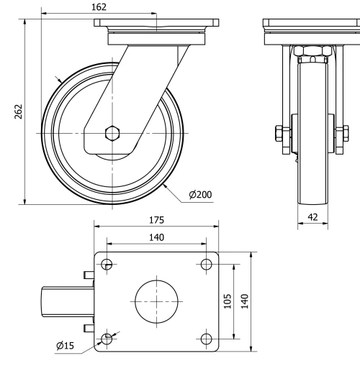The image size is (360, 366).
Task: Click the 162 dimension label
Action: click(99, 7)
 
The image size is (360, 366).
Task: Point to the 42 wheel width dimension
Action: click(313, 216)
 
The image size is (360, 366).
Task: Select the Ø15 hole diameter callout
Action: click(65, 347)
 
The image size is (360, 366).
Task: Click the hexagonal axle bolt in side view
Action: click(112, 133)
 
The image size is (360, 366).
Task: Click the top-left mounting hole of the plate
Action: click(107, 263)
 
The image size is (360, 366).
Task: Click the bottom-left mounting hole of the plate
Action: click(107, 338)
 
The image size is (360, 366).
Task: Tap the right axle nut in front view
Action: click(341, 134)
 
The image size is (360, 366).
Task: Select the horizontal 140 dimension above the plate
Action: click(156, 237)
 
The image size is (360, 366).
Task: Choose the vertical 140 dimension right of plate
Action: click(245, 301)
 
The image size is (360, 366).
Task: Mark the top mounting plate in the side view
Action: click(156, 24)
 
